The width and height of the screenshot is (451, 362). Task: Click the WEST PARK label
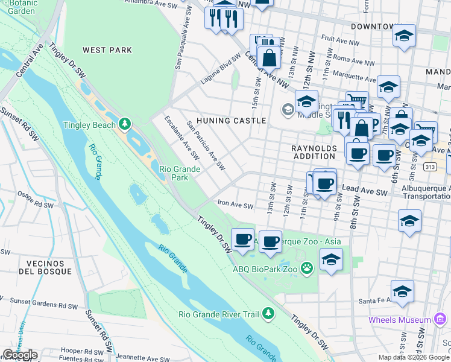click(x=107, y=51)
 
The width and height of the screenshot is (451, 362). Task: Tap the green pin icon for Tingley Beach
click(x=125, y=124)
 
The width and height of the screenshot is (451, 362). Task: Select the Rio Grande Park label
click(x=179, y=174)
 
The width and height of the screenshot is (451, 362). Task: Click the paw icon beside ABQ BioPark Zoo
click(x=307, y=267)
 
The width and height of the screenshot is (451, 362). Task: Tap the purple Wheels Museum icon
click(x=441, y=319)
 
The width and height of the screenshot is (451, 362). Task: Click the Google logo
click(x=20, y=355)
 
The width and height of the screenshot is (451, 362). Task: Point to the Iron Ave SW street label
click(x=235, y=206)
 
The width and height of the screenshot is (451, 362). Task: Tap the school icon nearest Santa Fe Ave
click(x=402, y=291)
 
